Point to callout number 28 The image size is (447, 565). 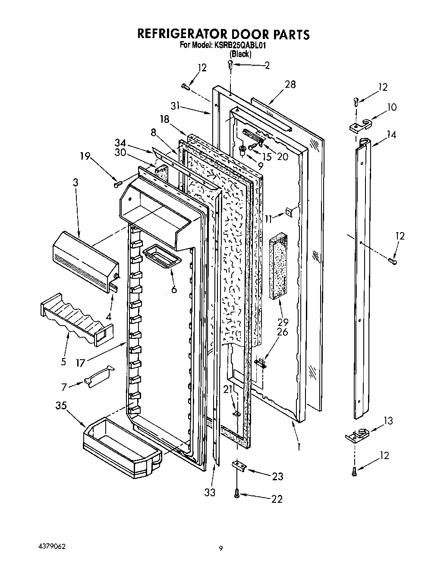click(x=290, y=84)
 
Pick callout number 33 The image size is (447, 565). click(x=210, y=492)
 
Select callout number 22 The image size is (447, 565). click(x=277, y=499)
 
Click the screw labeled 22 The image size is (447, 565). click(x=236, y=493)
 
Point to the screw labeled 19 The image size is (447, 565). click(x=118, y=185)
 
